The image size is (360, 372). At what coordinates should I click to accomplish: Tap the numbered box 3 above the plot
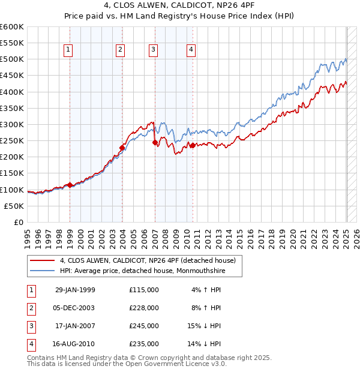[x=153, y=50]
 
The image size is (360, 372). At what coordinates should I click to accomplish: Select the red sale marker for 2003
[x=122, y=148]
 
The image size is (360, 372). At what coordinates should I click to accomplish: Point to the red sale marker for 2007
[x=155, y=142]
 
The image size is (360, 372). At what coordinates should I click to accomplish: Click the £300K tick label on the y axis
[x=12, y=124]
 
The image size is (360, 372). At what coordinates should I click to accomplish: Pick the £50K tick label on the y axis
[x=14, y=206]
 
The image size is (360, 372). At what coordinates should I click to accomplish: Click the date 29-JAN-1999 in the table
[x=74, y=290]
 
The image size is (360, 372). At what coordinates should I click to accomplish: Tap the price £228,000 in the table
[x=144, y=308]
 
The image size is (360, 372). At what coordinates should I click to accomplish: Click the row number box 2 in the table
[x=31, y=308]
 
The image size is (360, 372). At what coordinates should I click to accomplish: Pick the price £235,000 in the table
[x=144, y=344]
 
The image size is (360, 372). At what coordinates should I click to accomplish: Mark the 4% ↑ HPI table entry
[x=205, y=290]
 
